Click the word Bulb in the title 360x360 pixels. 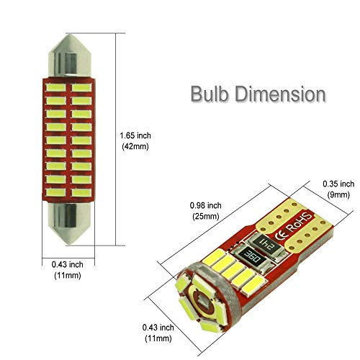(x=210, y=94)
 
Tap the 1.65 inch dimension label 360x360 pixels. (x=135, y=135)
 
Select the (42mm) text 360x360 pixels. (x=135, y=146)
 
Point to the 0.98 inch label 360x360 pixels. (x=206, y=205)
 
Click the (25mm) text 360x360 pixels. (x=206, y=216)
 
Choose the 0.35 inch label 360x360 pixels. (x=338, y=184)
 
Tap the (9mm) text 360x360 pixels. (x=338, y=194)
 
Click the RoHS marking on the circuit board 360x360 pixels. (x=300, y=223)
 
